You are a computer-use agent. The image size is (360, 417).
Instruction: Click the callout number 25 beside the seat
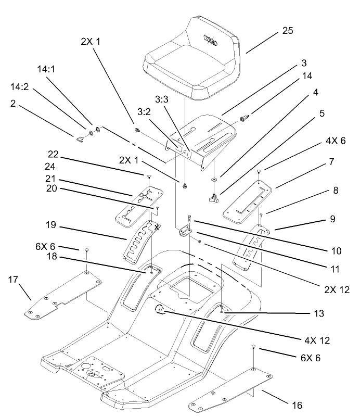tap(288, 30)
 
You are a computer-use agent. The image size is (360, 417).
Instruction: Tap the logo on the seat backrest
tap(210, 38)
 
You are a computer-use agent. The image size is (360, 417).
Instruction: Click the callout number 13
tap(318, 313)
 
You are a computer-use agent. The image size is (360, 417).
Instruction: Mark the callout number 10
tap(336, 250)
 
